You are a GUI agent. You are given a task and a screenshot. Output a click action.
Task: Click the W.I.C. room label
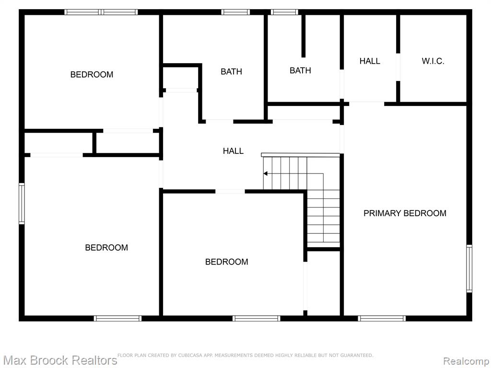pyautogui.click(x=433, y=61)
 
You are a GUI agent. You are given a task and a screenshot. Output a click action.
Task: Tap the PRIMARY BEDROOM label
pyautogui.click(x=405, y=213)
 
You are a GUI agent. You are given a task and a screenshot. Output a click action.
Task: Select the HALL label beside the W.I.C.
pyautogui.click(x=370, y=61)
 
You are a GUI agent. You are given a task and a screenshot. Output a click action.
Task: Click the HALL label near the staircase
pyautogui.click(x=234, y=151)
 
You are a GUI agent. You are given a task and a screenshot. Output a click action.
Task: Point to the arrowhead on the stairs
pyautogui.click(x=265, y=173)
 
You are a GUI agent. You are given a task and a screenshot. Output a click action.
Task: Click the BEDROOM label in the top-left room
pyautogui.click(x=92, y=74)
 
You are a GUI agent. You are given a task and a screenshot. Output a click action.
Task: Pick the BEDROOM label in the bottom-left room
pyautogui.click(x=106, y=248)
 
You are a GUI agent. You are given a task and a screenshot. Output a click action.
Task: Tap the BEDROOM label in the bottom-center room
pyautogui.click(x=227, y=262)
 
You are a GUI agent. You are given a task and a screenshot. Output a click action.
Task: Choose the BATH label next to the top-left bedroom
pyautogui.click(x=232, y=72)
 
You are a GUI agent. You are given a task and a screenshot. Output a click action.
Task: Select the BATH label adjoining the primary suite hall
pyautogui.click(x=300, y=70)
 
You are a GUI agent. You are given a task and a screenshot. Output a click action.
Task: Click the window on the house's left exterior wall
pyautogui.click(x=22, y=203)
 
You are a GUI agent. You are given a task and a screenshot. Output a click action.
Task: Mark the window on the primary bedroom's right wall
pyautogui.click(x=469, y=268)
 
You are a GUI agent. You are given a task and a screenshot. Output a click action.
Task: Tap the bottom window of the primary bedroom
pyautogui.click(x=382, y=318)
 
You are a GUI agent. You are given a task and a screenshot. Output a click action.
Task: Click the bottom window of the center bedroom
pyautogui.click(x=257, y=318)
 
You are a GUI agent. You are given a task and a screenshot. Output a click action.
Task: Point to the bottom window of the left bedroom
pyautogui.click(x=118, y=318)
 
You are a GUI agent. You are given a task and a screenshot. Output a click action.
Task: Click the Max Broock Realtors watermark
pyautogui.click(x=60, y=360)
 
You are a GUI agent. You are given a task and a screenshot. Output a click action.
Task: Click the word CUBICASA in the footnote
pyautogui.click(x=190, y=355)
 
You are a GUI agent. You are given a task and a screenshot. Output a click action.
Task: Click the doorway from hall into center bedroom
pyautogui.click(x=230, y=191)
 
